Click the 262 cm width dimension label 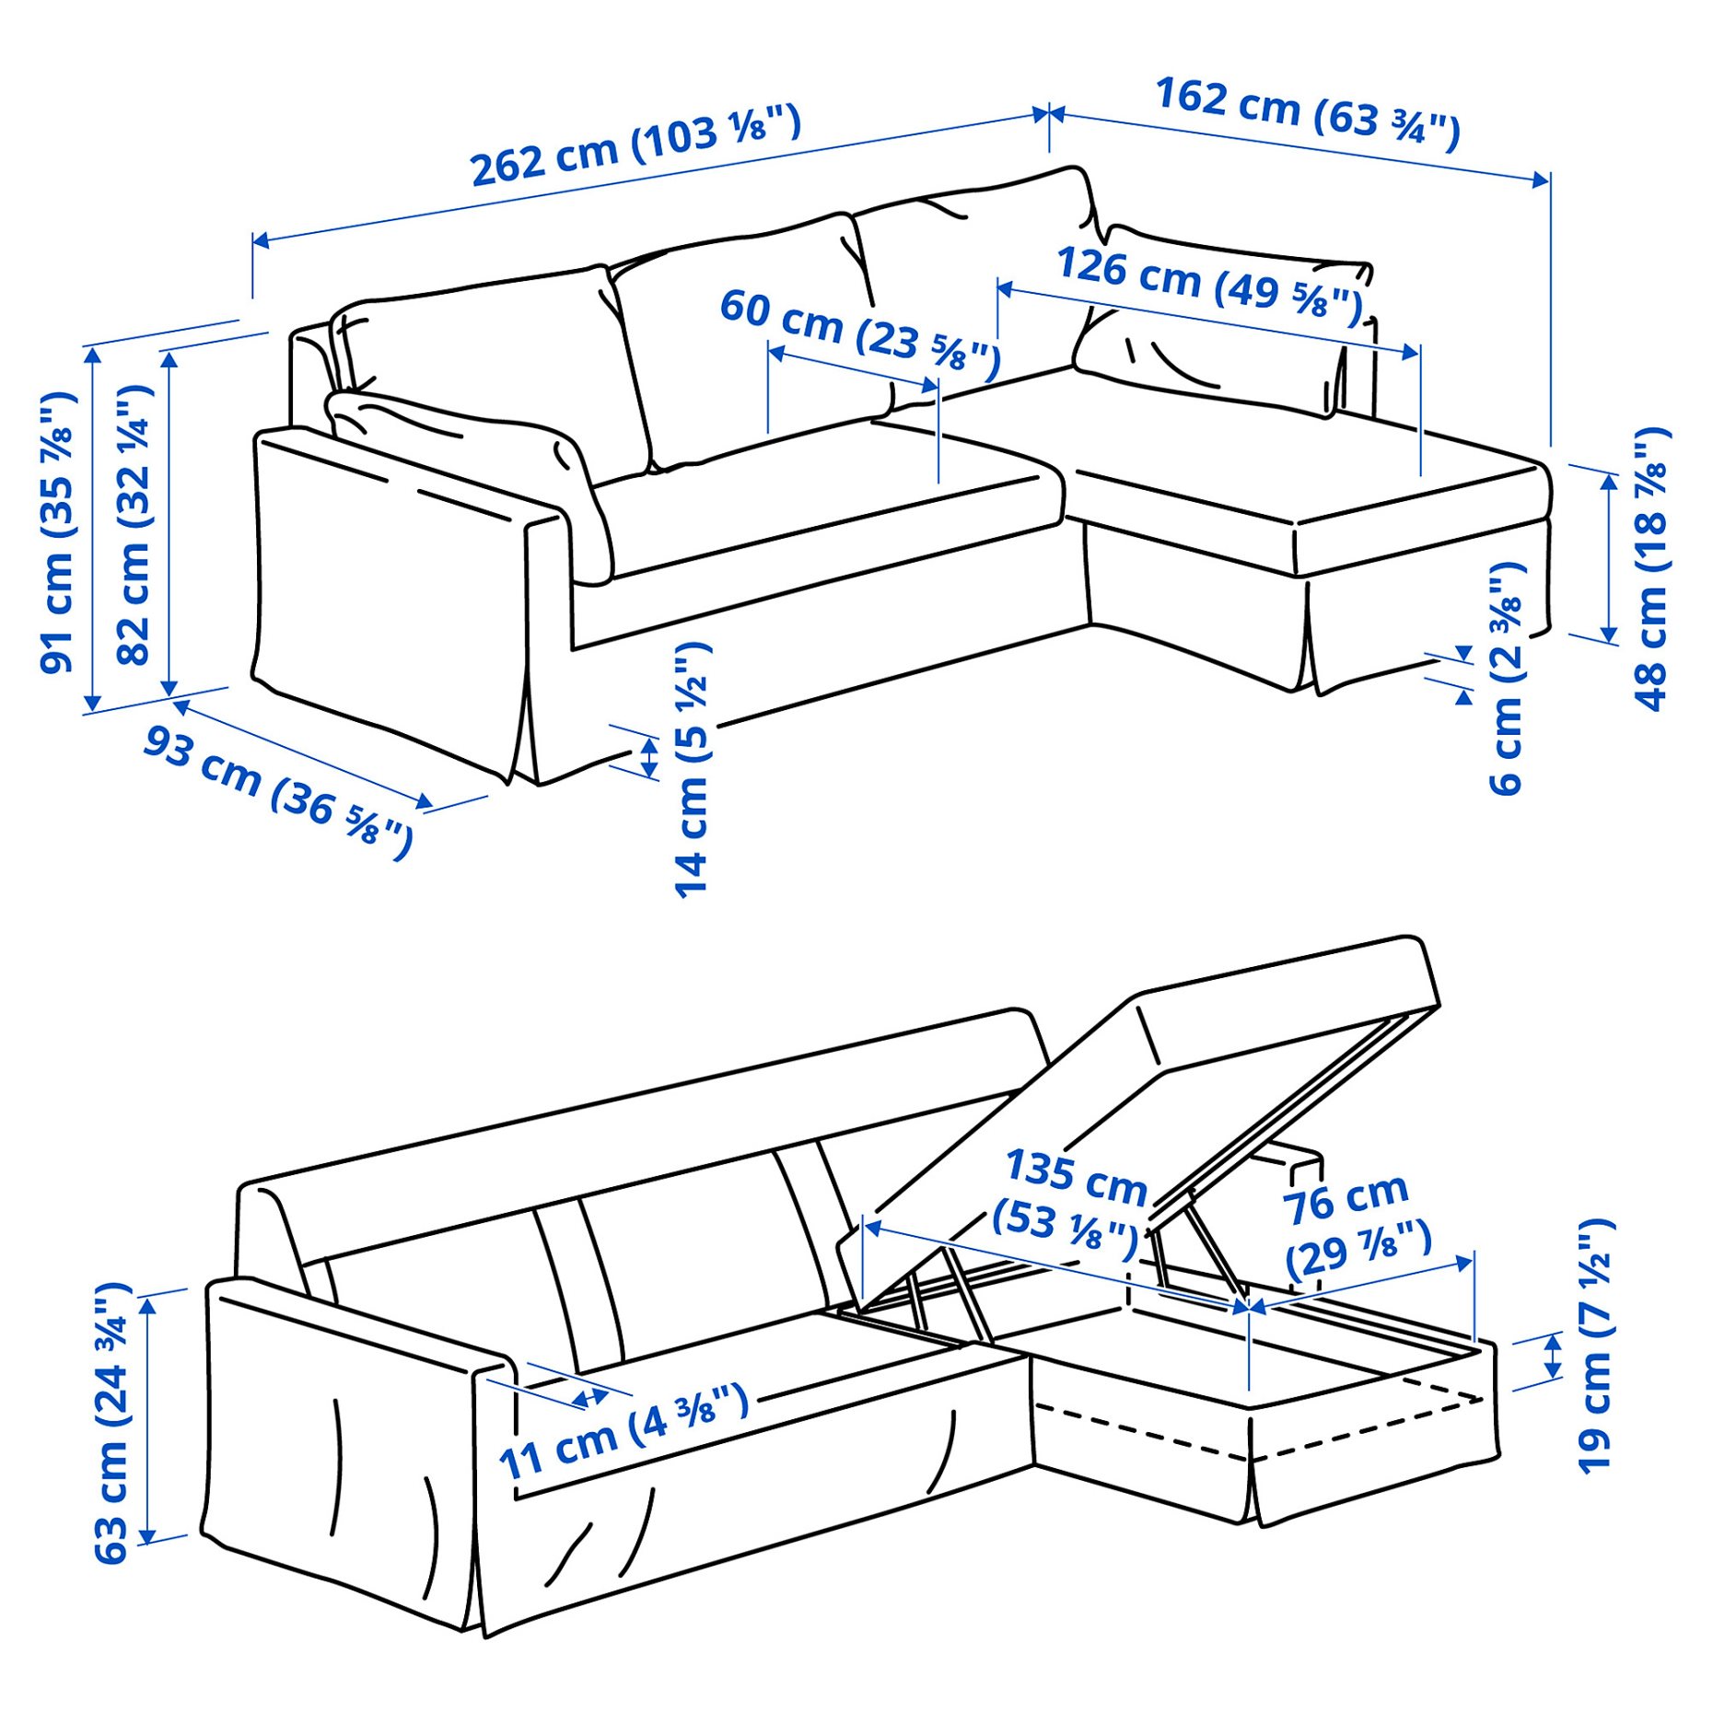pos(635,146)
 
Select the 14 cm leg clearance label pos(692,769)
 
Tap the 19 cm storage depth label pos(1596,1346)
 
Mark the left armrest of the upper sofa pos(387,589)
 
